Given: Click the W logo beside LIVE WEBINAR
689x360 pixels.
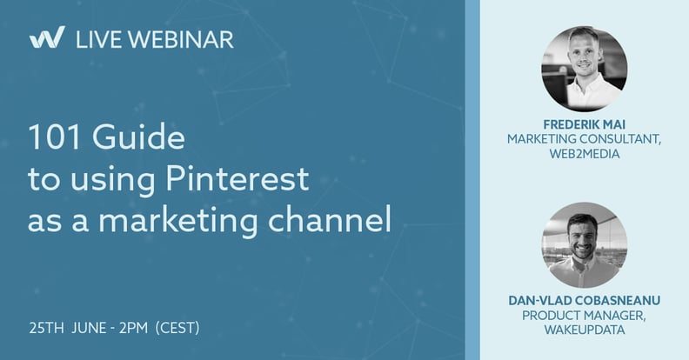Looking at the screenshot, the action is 47,37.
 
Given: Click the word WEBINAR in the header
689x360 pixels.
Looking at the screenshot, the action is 181,39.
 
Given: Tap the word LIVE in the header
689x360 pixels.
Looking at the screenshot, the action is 98,39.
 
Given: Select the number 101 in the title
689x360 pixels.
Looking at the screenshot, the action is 55,137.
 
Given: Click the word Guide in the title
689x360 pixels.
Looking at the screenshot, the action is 139,137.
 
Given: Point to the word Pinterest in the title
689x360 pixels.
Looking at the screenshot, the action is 237,178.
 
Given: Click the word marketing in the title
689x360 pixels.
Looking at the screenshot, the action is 177,221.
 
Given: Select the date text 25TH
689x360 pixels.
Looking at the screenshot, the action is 47,328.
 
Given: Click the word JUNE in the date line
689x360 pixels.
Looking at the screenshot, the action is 90,328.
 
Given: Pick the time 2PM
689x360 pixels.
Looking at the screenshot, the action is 134,328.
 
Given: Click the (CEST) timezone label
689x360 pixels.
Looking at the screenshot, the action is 177,328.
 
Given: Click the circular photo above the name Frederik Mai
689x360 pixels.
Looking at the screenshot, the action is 585,69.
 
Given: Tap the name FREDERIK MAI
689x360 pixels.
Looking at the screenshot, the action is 585,124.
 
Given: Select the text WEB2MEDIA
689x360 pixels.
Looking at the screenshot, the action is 585,154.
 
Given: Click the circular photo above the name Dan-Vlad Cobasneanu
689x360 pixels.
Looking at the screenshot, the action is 585,245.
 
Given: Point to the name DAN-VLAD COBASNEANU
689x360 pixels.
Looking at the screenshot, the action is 585,300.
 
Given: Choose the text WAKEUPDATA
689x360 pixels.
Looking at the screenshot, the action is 585,330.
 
